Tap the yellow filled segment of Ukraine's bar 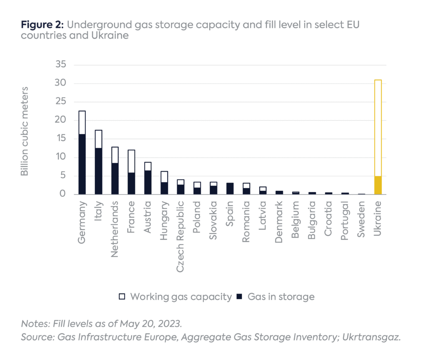(377, 185)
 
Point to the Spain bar (230, 188)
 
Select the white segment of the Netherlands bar (115, 155)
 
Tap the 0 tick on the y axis (62, 194)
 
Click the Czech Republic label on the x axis (180, 236)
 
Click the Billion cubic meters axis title (25, 131)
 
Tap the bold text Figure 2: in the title (42, 25)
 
